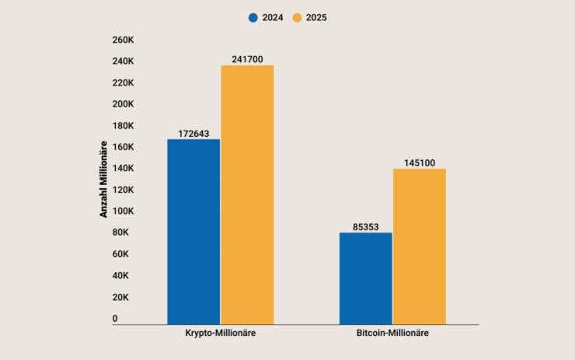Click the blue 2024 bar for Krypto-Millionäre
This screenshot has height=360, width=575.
pyautogui.click(x=193, y=231)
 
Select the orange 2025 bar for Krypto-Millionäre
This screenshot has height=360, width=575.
pyautogui.click(x=247, y=194)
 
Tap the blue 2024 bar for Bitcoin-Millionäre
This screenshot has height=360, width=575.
pyautogui.click(x=366, y=278)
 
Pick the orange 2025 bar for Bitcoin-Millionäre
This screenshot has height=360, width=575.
pyautogui.click(x=420, y=246)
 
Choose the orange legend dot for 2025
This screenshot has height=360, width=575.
pyautogui.click(x=298, y=17)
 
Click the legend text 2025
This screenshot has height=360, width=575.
pyautogui.click(x=315, y=17)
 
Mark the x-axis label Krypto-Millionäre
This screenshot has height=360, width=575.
pyautogui.click(x=221, y=334)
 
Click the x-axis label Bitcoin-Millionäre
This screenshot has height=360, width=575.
pyautogui.click(x=392, y=334)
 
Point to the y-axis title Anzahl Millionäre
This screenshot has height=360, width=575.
pyautogui.click(x=103, y=178)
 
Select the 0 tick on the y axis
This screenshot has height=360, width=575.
pyautogui.click(x=114, y=319)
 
